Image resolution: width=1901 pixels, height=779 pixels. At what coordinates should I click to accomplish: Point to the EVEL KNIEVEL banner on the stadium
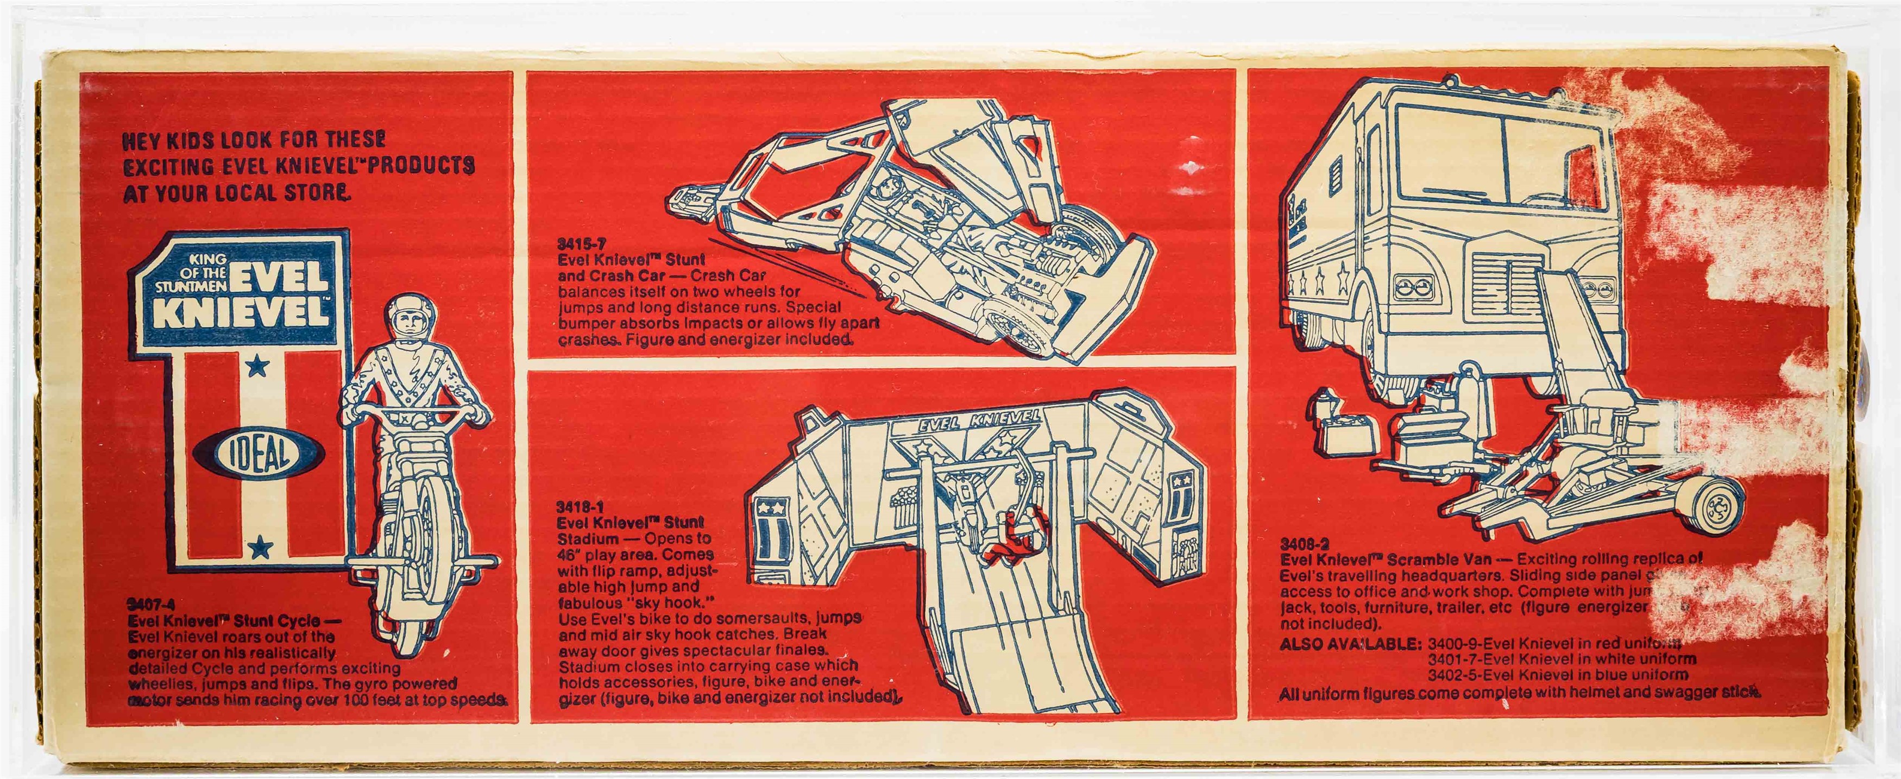point(979,421)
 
